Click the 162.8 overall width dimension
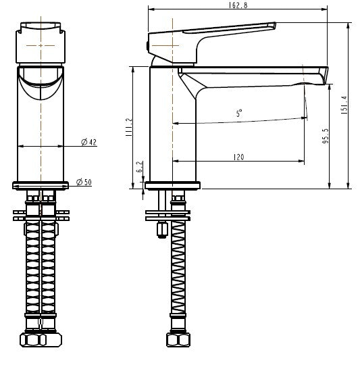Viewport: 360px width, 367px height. [238, 7]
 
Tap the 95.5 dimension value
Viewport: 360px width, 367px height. [326, 136]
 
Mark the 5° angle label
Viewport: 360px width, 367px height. [239, 114]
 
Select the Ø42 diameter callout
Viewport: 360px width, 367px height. [88, 142]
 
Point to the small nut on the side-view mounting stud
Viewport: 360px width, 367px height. [162, 230]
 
